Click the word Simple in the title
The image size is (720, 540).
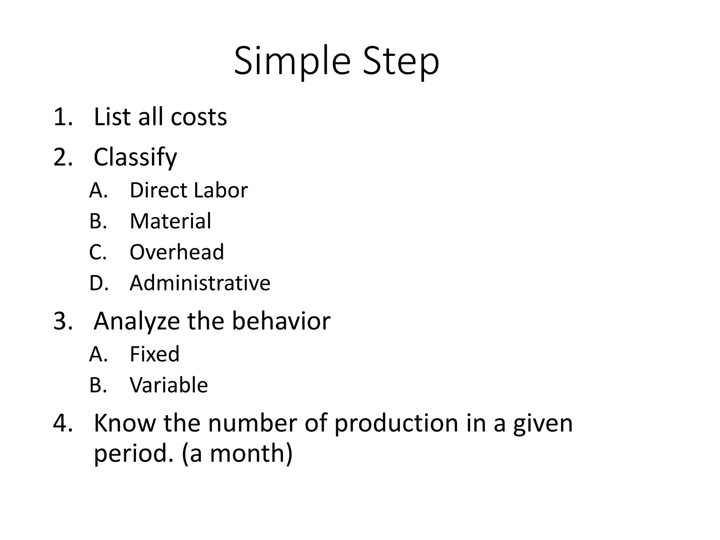292,62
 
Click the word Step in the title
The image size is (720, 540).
401,62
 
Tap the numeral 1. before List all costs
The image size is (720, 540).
63,117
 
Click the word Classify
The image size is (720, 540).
135,157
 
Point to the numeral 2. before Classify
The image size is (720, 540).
63,157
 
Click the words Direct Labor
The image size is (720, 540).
189,190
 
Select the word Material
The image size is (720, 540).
171,221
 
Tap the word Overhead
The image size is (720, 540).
177,252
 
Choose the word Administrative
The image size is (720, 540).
200,283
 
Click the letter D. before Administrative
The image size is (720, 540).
98,283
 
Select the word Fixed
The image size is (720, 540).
155,354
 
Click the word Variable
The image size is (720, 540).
169,385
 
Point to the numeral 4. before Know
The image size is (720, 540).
63,423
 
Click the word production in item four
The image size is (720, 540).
396,423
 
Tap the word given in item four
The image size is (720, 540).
543,423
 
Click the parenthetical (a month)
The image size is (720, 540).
237,454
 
